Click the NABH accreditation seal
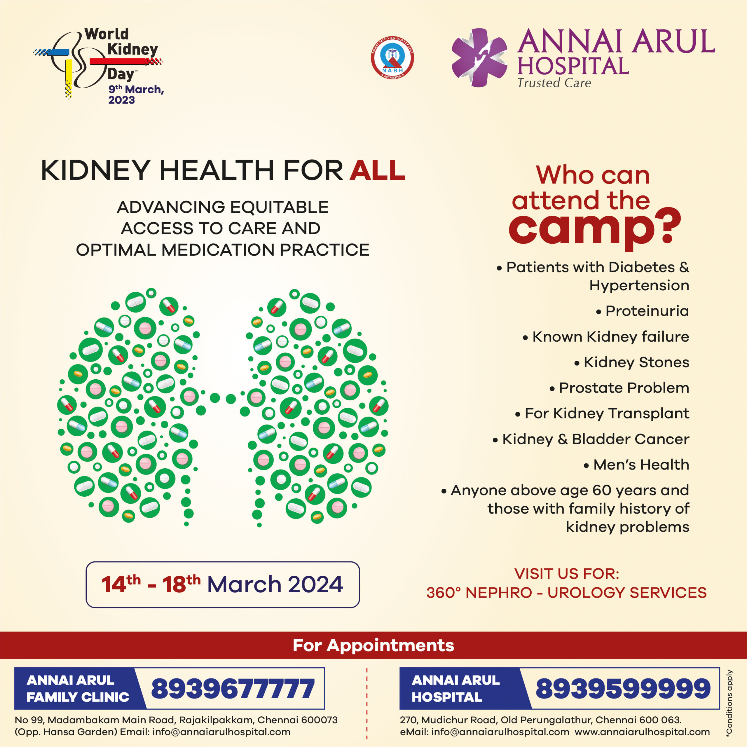click(x=392, y=58)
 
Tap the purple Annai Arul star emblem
click(x=479, y=57)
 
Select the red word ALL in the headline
click(x=377, y=170)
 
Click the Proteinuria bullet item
click(x=642, y=311)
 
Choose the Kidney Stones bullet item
click(x=631, y=362)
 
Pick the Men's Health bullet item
click(x=636, y=464)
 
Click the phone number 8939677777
click(x=233, y=689)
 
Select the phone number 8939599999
click(x=623, y=689)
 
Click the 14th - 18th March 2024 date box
click(x=223, y=584)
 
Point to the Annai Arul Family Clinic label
click(x=77, y=689)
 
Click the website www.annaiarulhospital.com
click(x=642, y=732)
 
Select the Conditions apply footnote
click(x=729, y=701)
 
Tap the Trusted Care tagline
click(x=554, y=83)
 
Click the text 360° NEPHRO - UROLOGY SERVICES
click(x=566, y=593)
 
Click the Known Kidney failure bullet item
click(x=605, y=337)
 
